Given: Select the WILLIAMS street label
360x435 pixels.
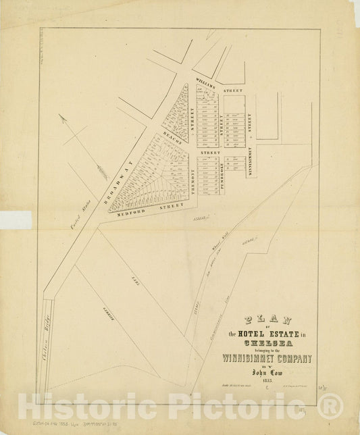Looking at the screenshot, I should coord(206,86).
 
